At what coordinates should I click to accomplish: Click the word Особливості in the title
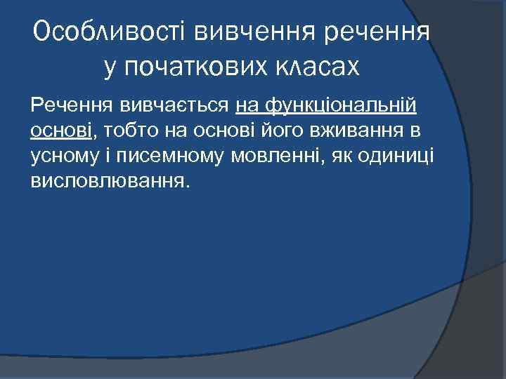coord(108,32)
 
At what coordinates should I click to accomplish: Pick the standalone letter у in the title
coord(110,67)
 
